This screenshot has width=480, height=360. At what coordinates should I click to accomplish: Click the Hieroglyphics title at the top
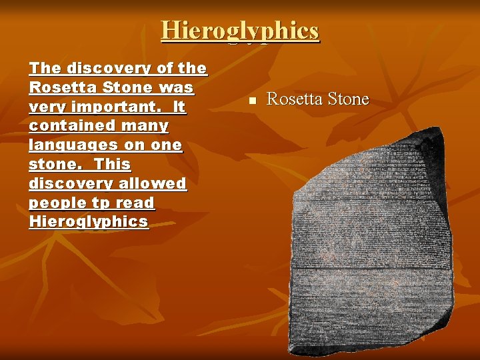click(240, 31)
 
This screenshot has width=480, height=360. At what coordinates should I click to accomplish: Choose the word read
click(136, 203)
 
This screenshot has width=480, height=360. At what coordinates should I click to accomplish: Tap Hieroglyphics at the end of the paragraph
click(88, 222)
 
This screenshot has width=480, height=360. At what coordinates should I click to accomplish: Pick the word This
click(112, 164)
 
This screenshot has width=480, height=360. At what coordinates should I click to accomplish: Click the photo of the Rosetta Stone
click(370, 240)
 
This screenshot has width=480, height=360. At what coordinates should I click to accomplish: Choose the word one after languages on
click(167, 145)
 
